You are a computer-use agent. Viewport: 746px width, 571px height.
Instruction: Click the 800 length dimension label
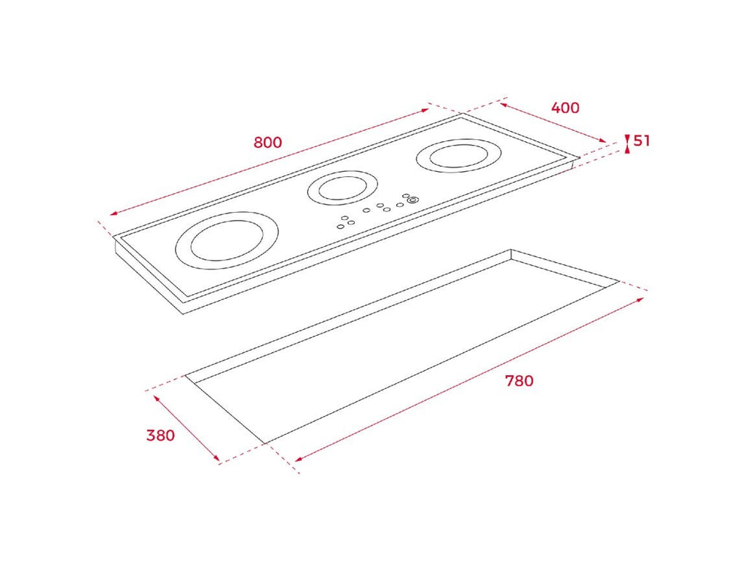coord(268,142)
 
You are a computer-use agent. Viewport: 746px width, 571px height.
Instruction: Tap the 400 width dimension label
coord(565,108)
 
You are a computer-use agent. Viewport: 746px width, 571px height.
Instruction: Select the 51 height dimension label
coord(641,141)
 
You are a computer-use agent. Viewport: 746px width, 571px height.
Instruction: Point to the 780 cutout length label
coord(519,381)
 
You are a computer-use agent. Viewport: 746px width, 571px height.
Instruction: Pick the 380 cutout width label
coord(160,435)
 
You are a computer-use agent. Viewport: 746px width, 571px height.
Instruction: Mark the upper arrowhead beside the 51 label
coord(627,138)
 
